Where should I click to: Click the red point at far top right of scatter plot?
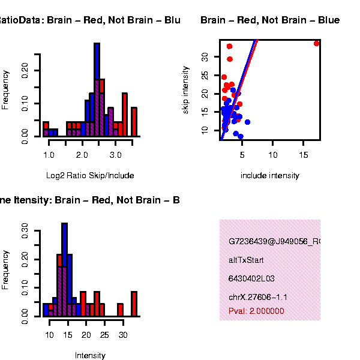(316, 43)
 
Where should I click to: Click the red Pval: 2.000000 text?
(256, 311)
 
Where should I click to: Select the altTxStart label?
(246, 260)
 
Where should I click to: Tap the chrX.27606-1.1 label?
(258, 297)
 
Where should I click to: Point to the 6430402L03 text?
(250, 279)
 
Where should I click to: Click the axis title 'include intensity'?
(269, 176)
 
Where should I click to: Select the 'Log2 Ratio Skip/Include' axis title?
(90, 176)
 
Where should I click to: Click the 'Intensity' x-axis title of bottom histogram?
(90, 355)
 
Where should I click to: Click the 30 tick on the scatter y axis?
(204, 56)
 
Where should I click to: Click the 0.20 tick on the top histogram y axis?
(25, 71)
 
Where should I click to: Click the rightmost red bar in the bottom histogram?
(134, 304)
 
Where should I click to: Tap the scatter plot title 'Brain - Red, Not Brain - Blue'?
(270, 20)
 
